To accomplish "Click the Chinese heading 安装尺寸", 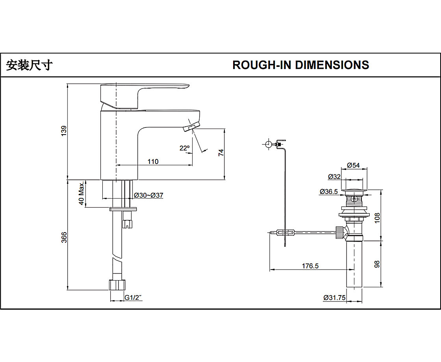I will (29, 65).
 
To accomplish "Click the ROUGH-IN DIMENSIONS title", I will (300, 65).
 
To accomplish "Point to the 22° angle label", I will (184, 148).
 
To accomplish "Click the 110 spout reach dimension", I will (153, 161).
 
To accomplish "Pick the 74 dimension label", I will (221, 152).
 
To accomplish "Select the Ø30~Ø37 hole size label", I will (149, 195).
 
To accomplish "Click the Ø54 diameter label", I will (354, 165).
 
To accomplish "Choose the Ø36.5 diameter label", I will (329, 192).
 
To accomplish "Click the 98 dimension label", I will (377, 264).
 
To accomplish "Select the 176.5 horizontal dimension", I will (310, 266).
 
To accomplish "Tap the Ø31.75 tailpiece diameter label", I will (334, 298).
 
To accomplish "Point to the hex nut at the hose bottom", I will (118, 285).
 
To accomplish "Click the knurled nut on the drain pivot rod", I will (339, 232).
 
